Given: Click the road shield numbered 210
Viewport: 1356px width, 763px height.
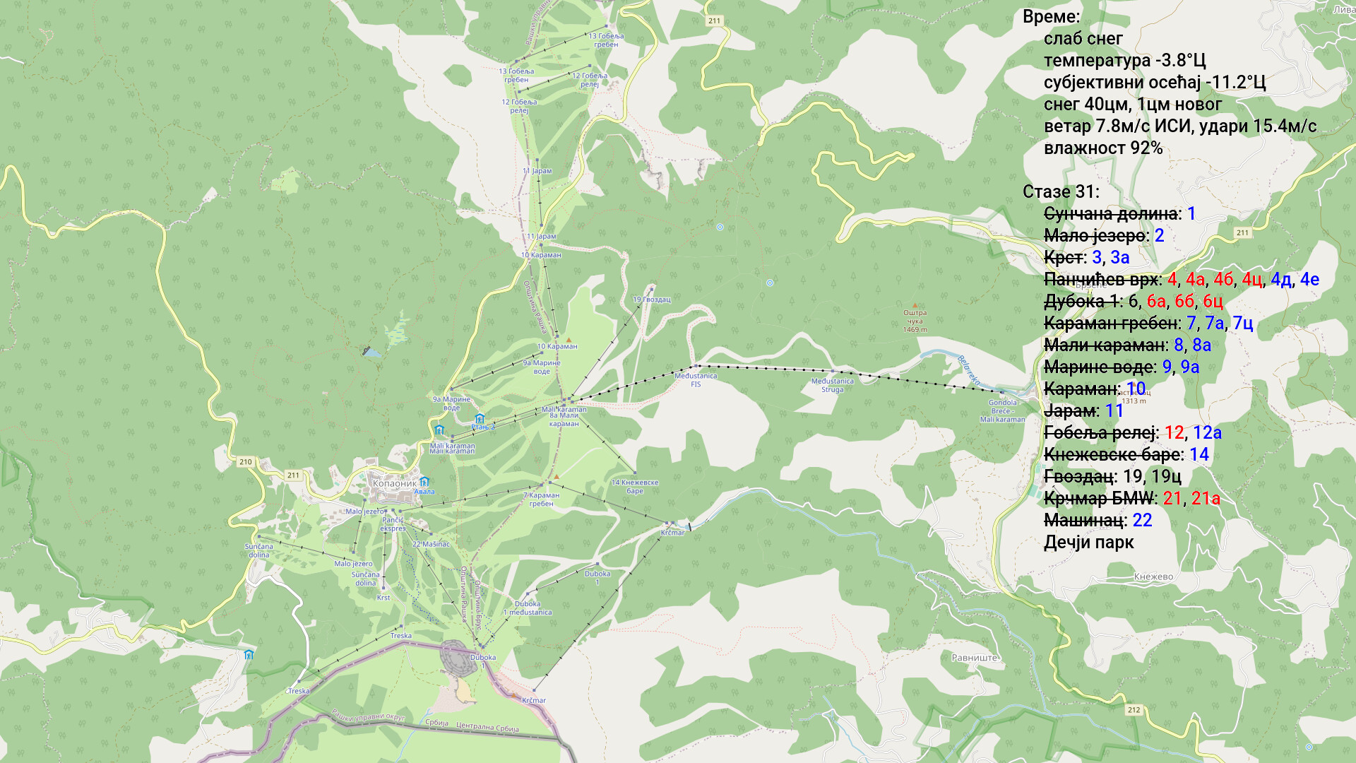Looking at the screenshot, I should coord(245,462).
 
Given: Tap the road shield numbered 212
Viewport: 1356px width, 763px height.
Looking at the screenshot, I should coord(1134,710).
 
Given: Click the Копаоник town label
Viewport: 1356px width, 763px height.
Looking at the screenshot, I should coord(394,483).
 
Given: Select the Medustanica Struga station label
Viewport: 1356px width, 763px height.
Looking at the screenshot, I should coord(832,385).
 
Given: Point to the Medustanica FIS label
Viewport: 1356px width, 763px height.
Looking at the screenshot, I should coord(696,380).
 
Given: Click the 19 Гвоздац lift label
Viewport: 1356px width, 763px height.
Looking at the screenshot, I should coord(651,300).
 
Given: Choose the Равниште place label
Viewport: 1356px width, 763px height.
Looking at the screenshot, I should coord(975,658).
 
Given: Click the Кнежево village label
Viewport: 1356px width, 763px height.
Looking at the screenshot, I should coord(1153,576).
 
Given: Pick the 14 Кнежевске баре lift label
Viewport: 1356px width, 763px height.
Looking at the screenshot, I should coord(634,487).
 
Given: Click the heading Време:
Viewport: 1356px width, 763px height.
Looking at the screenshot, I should coord(1051,17).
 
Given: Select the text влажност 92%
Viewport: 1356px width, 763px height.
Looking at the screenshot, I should coord(1102,148).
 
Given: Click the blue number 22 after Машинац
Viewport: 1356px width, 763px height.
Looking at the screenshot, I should coord(1142,521).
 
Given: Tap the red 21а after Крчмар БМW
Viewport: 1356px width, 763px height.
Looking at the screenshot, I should coord(1205,499).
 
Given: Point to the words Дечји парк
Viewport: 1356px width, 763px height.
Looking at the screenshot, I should coord(1088,543).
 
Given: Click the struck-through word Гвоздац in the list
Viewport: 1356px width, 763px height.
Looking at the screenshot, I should coord(1079,477).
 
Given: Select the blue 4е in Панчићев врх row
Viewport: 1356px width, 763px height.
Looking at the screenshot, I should coord(1309,280).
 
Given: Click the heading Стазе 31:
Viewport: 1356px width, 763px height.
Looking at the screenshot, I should coord(1060,192).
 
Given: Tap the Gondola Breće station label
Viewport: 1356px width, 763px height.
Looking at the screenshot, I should coord(1002,410).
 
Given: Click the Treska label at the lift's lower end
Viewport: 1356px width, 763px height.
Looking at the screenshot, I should coord(298,691).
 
